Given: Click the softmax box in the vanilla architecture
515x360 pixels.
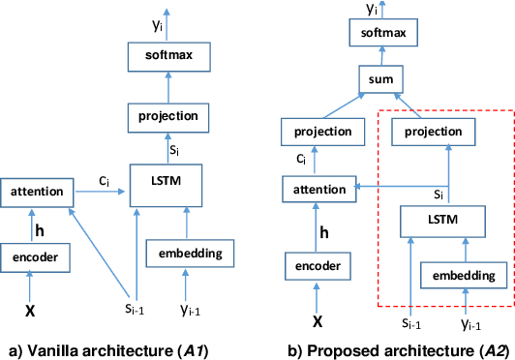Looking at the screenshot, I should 170,56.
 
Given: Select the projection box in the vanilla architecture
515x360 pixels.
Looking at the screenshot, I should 170,116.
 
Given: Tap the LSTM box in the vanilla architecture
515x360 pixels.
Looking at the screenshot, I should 169,179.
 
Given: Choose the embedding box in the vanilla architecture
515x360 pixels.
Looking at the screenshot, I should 190,255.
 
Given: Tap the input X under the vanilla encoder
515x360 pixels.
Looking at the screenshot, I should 31,315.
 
